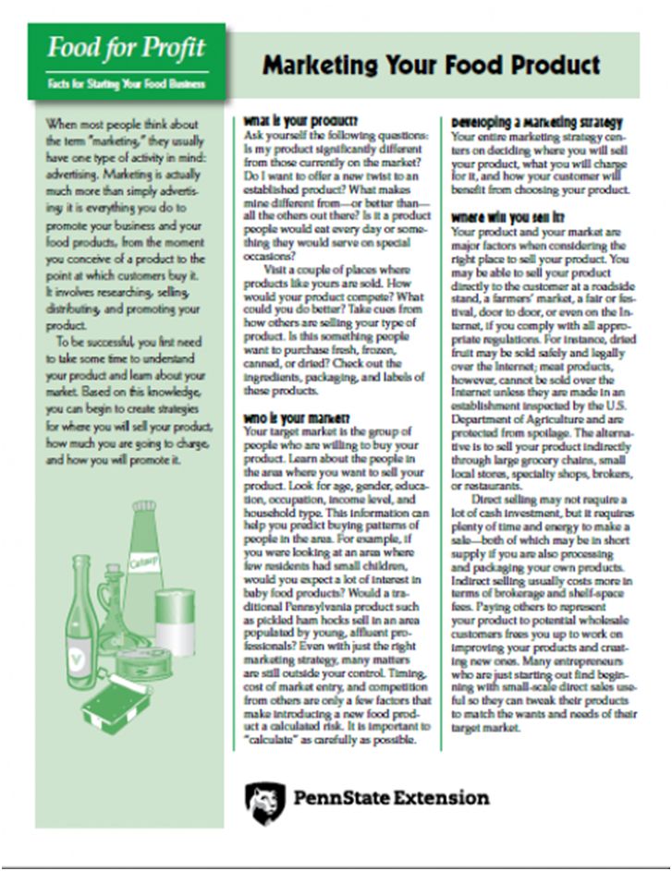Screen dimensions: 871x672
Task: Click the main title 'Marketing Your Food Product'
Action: tap(431, 65)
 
